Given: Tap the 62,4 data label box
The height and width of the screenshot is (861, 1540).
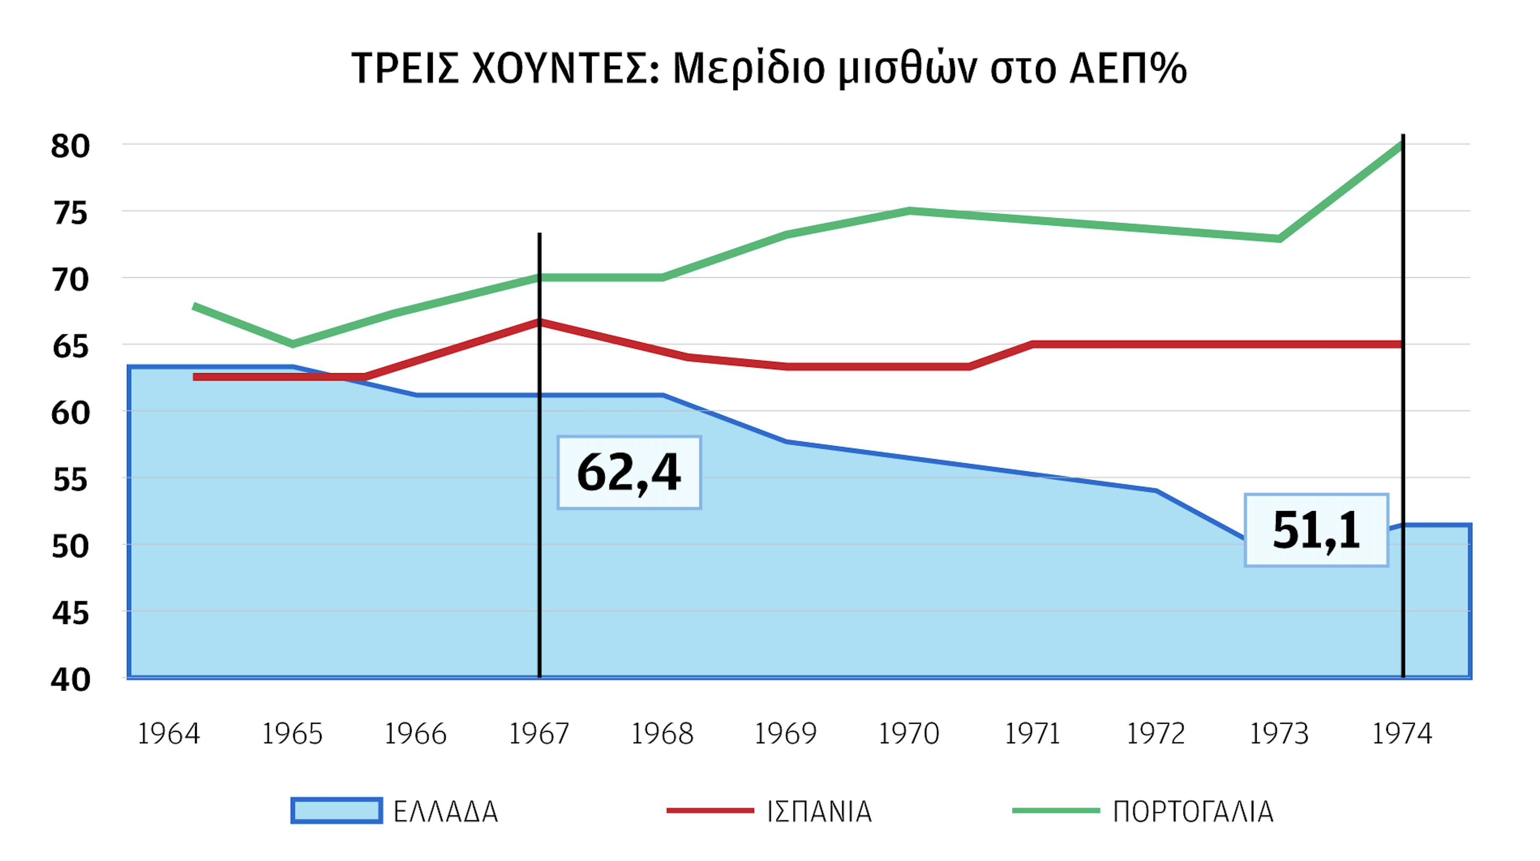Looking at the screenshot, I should [x=629, y=472].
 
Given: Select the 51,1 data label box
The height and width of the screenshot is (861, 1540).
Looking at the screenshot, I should [x=1316, y=530].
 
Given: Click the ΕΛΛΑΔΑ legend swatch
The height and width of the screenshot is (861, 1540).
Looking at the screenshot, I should [x=337, y=811].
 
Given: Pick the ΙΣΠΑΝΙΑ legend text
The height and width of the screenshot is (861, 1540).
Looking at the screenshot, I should [x=819, y=811].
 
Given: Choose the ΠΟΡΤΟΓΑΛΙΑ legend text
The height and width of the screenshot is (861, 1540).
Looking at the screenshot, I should [x=1193, y=811].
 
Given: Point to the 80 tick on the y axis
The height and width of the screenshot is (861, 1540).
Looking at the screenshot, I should [x=70, y=146].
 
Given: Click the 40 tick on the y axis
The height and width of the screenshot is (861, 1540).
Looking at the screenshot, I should [x=70, y=680].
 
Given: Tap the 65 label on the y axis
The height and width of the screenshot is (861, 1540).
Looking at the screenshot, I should [x=70, y=346].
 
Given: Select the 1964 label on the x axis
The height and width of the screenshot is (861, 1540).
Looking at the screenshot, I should [x=169, y=734].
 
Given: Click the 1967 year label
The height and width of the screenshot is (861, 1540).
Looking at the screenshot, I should [x=539, y=734].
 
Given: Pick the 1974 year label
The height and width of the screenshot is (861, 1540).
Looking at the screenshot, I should [x=1402, y=734].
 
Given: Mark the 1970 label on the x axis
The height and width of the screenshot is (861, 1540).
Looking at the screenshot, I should [x=909, y=734].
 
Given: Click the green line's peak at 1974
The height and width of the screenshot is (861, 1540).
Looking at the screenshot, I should [x=1402, y=145].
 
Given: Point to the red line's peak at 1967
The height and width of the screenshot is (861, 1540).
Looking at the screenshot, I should [x=539, y=322].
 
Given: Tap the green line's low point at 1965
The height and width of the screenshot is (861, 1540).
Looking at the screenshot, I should [x=292, y=344].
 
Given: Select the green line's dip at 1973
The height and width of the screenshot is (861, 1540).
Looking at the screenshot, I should [x=1279, y=239].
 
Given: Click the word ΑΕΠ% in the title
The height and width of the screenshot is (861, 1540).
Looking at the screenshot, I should [x=1127, y=68].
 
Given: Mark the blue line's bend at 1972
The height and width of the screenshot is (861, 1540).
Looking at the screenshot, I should [x=1156, y=491].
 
